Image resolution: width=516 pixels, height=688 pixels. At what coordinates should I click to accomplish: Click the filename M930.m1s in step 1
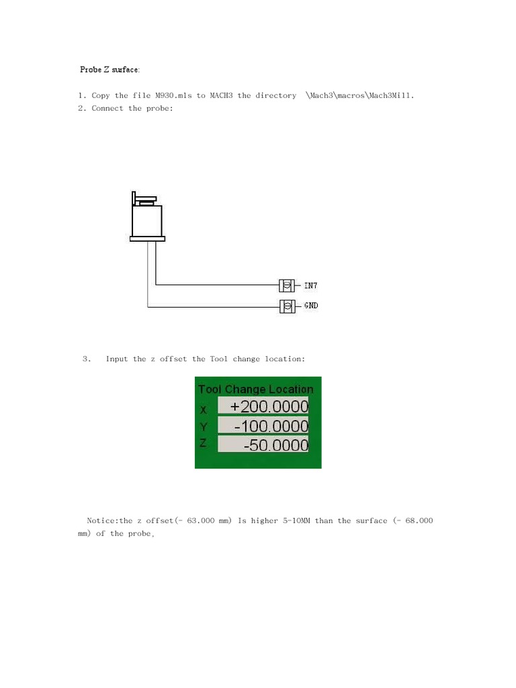(x=173, y=95)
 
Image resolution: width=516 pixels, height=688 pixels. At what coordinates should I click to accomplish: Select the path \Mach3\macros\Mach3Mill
(x=360, y=95)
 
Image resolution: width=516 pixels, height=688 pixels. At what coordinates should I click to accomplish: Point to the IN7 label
(x=310, y=286)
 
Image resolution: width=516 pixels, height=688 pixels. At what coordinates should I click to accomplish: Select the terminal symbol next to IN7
(x=287, y=286)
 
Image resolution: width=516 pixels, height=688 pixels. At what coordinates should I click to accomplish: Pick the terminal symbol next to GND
(x=287, y=306)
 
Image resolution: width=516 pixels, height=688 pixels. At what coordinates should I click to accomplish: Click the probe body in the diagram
(x=147, y=220)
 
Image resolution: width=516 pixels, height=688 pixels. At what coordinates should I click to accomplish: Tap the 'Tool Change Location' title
(x=255, y=389)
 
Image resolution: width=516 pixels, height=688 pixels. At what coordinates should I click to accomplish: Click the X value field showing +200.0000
(x=263, y=407)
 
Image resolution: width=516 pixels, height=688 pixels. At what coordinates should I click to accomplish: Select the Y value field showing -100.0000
(x=263, y=426)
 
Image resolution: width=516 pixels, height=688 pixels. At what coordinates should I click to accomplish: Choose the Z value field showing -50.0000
(x=263, y=445)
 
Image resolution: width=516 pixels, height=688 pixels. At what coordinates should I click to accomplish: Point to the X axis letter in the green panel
(x=204, y=408)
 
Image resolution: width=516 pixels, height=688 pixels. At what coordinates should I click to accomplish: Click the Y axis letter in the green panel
(x=204, y=427)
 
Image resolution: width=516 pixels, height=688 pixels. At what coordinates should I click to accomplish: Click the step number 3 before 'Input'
(x=86, y=359)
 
